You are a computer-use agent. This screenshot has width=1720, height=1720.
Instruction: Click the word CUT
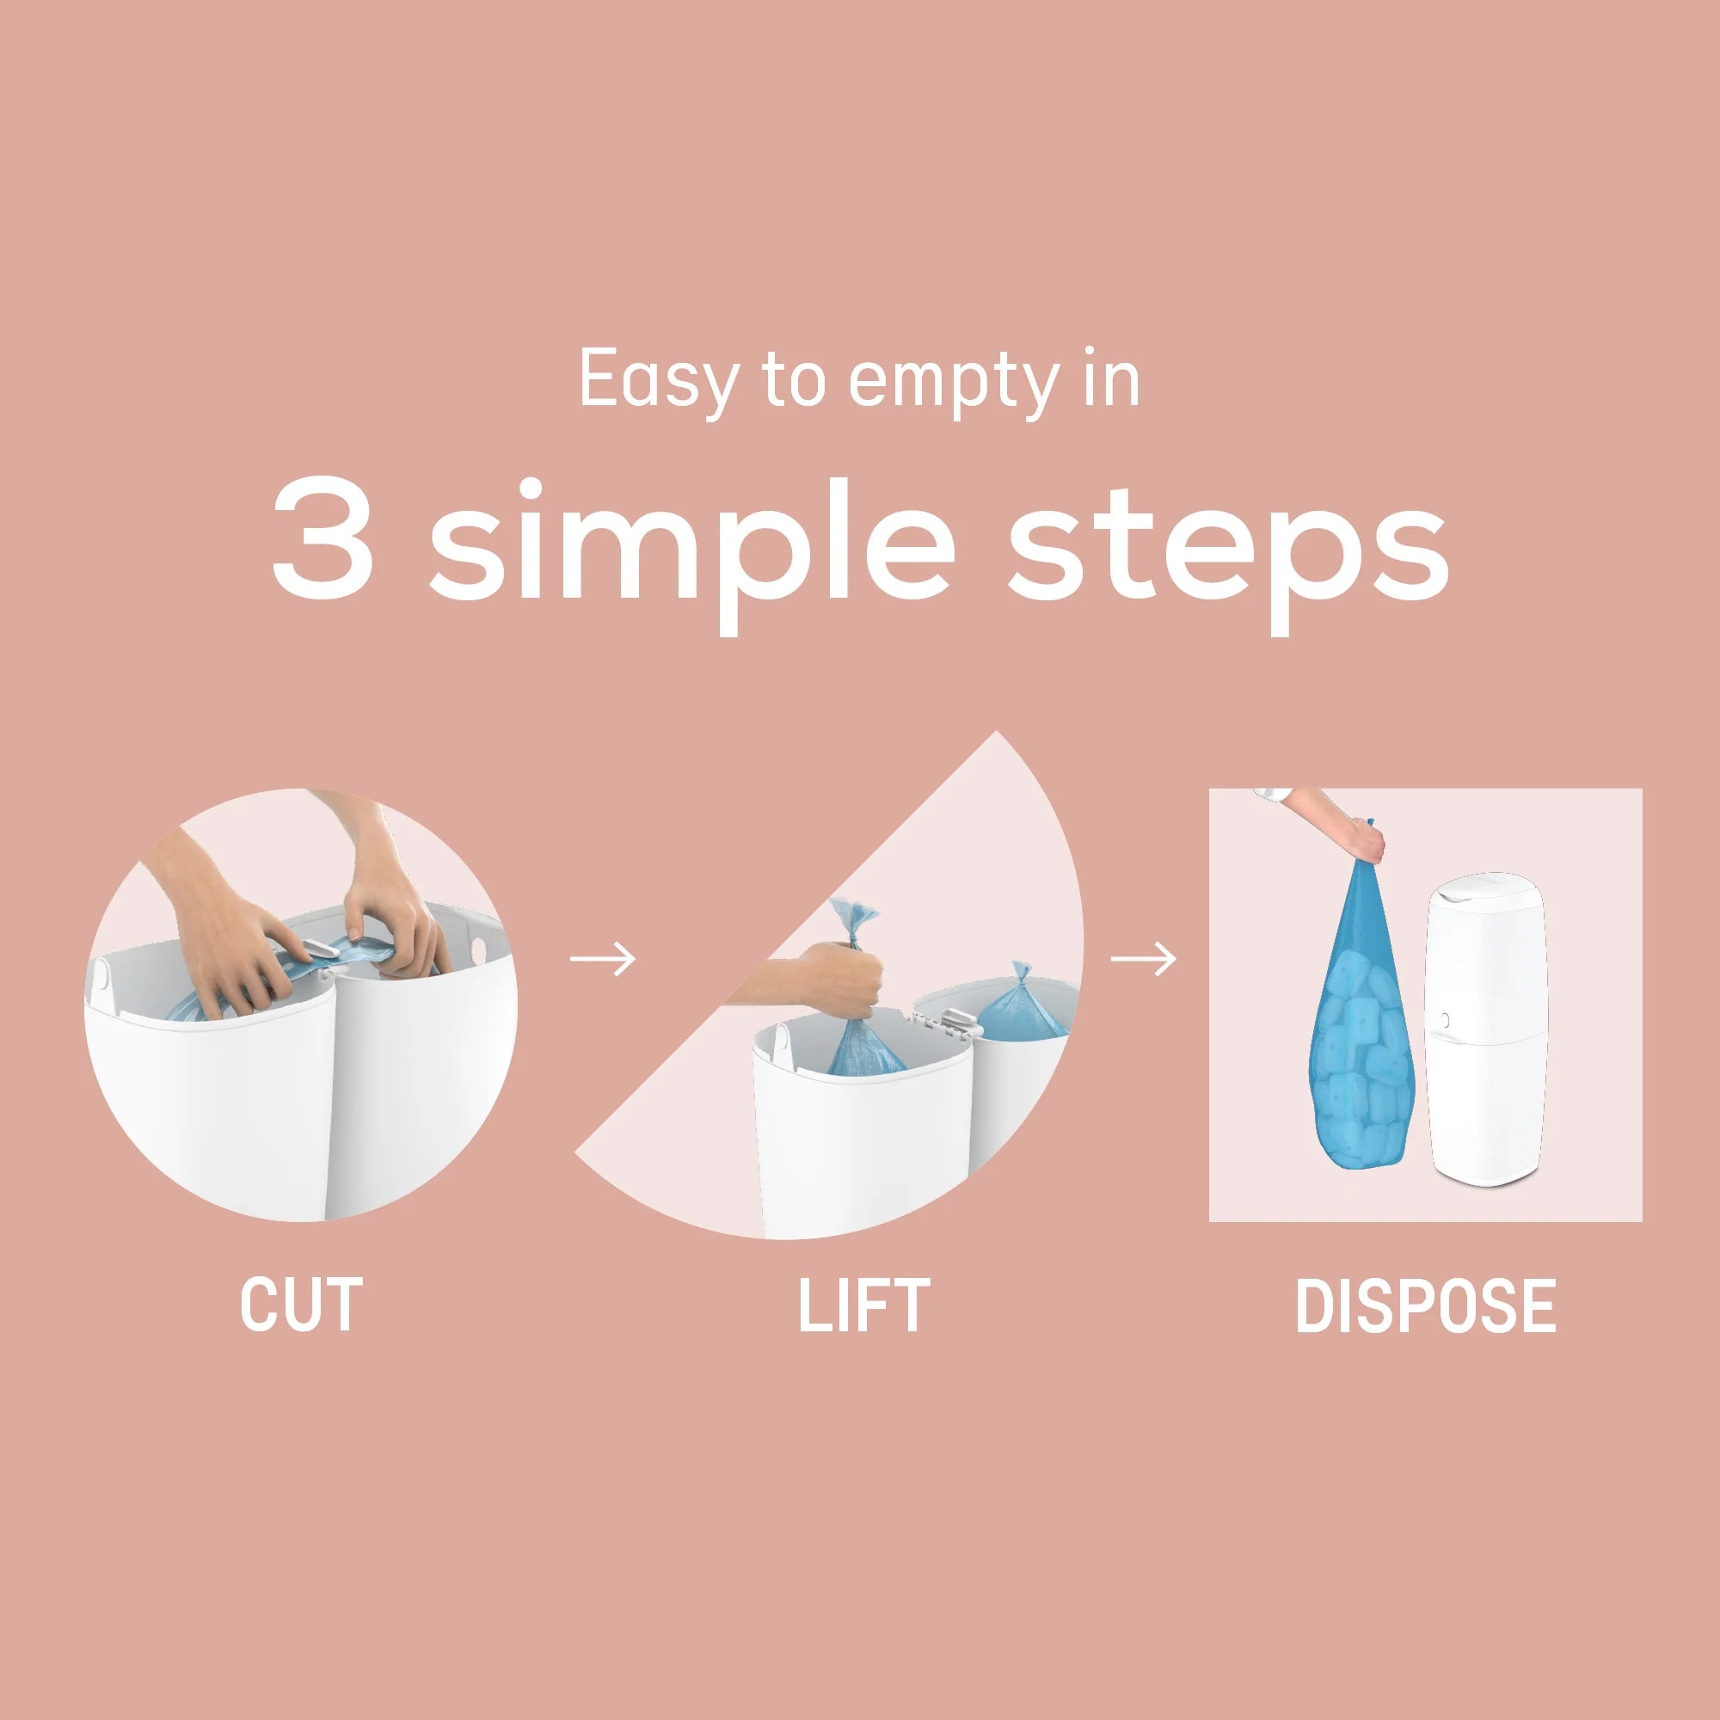tap(301, 1305)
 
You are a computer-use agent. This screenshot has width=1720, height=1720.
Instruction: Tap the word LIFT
tap(863, 1305)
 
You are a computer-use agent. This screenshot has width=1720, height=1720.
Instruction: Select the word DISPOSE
tap(1425, 1305)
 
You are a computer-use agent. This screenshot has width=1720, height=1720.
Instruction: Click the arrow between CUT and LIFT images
tap(603, 959)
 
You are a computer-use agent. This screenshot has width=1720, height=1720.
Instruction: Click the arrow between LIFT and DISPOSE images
tap(1143, 959)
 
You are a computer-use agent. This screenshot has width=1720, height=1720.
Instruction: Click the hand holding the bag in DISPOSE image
tap(1365, 841)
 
